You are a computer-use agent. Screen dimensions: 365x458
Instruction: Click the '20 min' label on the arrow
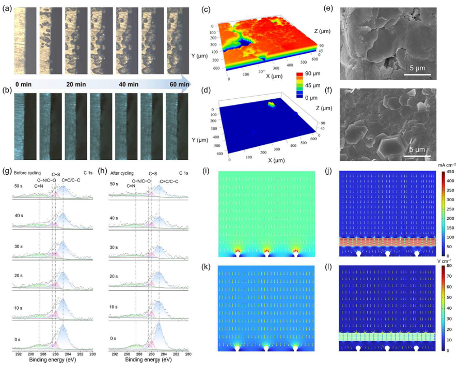point(76,84)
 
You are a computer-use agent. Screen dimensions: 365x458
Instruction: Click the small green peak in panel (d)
point(272,105)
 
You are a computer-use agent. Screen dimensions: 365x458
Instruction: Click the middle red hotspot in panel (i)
point(266,251)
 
